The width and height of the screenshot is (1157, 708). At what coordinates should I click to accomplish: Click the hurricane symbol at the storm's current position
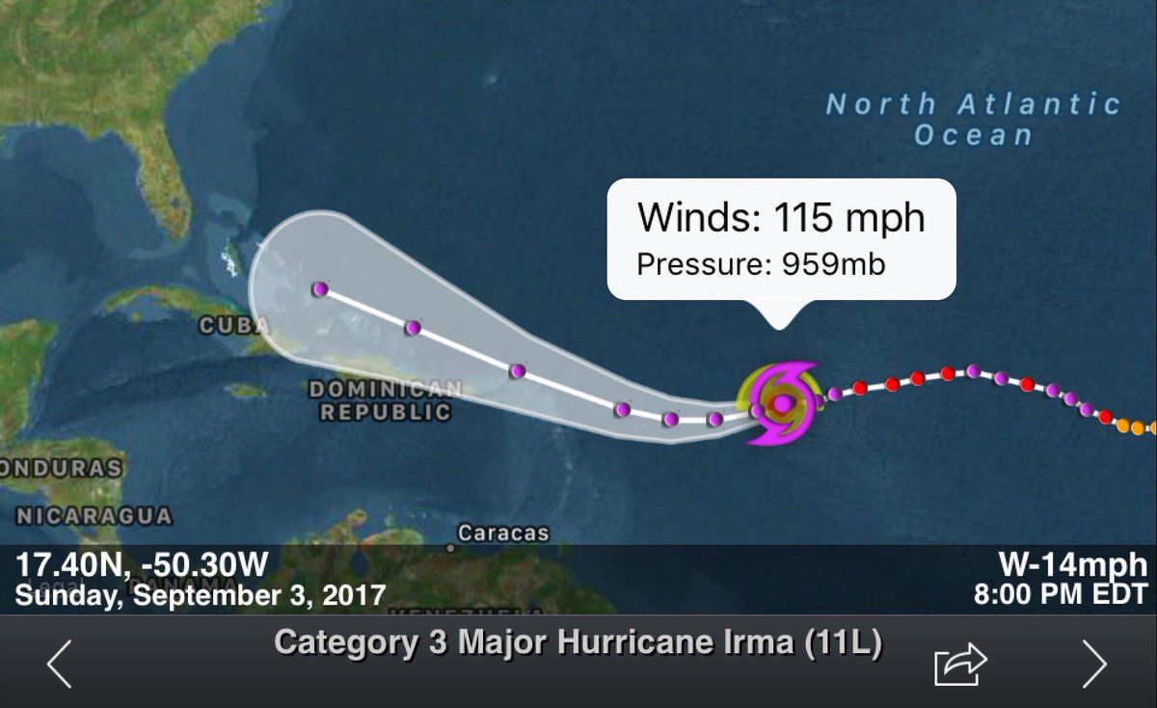[782, 402]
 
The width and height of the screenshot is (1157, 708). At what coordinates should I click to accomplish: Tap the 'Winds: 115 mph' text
[781, 218]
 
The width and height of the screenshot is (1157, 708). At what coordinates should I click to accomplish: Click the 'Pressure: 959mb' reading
[761, 263]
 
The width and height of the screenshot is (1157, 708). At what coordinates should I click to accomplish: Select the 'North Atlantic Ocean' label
[974, 119]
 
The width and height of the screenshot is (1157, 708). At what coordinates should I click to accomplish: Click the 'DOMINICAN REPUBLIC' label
[385, 400]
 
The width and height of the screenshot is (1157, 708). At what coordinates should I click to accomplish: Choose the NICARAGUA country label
[94, 516]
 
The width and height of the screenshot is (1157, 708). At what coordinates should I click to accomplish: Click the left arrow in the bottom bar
[59, 663]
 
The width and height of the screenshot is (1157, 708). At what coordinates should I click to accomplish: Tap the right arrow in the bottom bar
[1094, 663]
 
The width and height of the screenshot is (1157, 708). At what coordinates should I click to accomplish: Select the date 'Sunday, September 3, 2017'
[200, 593]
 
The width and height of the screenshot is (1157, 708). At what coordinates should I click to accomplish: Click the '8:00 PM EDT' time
[1061, 593]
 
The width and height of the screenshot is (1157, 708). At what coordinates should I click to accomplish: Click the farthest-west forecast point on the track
[320, 288]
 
